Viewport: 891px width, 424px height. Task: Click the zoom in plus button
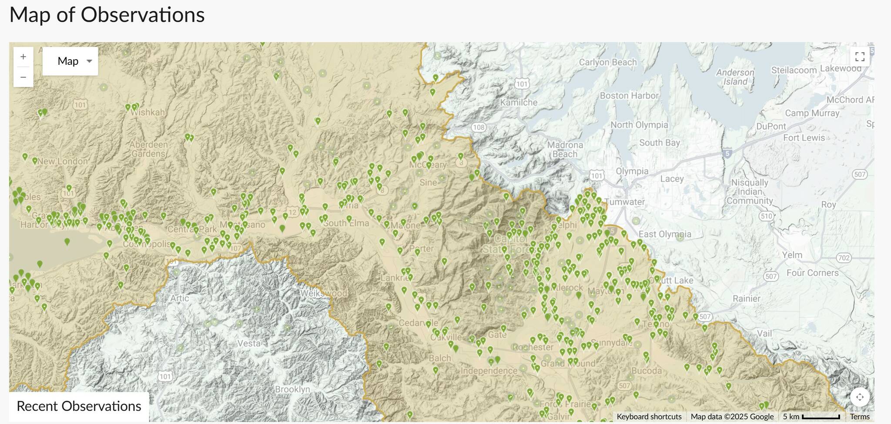click(23, 57)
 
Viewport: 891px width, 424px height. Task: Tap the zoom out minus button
click(23, 77)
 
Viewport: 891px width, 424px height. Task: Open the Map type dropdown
click(70, 61)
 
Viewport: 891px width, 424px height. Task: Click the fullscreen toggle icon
click(860, 57)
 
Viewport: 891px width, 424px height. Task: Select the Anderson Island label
click(735, 77)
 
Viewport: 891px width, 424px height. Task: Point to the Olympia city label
click(632, 171)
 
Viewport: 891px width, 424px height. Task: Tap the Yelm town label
click(792, 255)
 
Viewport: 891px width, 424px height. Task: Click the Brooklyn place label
click(292, 389)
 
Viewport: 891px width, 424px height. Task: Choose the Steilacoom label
click(794, 70)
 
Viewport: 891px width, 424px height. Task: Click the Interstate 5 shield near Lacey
click(727, 153)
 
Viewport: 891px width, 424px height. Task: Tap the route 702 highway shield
click(844, 258)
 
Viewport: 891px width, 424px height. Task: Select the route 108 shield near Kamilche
click(479, 127)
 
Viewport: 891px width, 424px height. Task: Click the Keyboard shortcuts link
click(649, 417)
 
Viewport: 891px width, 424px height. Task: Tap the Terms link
click(860, 417)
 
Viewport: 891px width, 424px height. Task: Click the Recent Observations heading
click(79, 406)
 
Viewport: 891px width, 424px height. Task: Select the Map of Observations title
click(107, 15)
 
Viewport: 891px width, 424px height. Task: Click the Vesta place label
click(249, 343)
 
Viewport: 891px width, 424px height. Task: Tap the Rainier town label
click(747, 298)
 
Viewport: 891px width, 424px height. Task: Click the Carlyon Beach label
click(607, 62)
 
